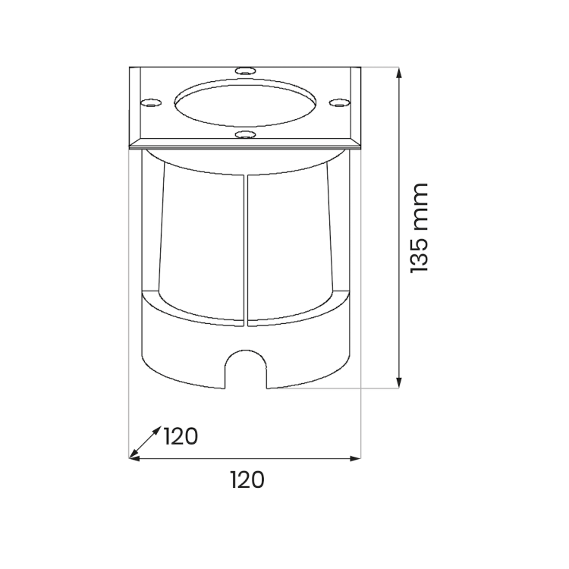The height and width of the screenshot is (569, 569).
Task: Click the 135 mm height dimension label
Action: pos(420,228)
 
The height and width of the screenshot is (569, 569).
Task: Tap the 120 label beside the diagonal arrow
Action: pos(181,436)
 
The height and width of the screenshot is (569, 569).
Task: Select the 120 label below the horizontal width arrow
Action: pos(247,479)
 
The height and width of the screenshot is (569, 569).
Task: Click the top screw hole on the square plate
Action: pos(245,71)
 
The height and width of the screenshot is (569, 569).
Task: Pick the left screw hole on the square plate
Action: pos(151,103)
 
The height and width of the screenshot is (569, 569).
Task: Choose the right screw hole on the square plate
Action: pos(340,103)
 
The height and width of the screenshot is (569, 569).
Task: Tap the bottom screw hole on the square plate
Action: pos(245,134)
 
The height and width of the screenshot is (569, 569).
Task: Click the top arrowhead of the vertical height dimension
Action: pos(399,73)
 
